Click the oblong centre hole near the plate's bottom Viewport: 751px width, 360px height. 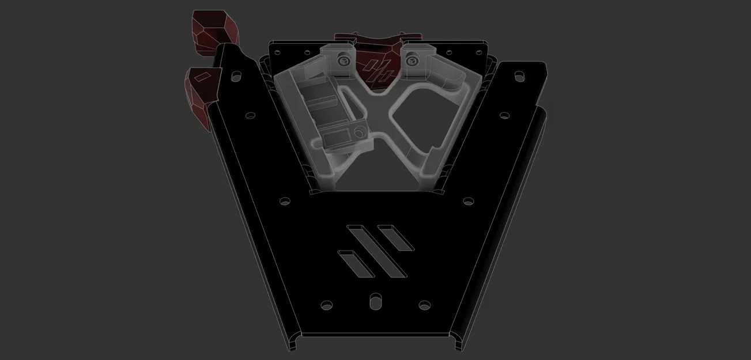375,300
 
